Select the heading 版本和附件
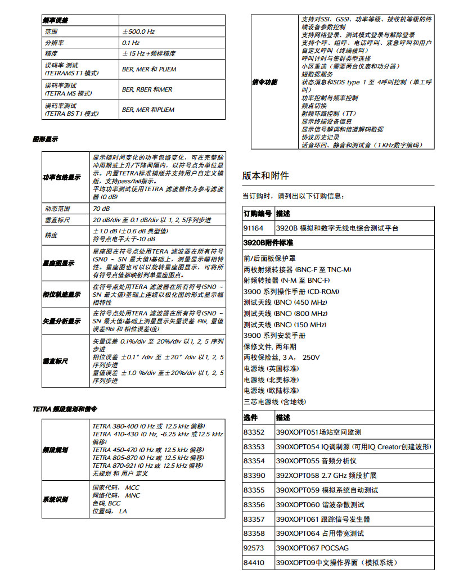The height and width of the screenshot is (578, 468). (265, 176)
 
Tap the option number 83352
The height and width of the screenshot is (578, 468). (254, 432)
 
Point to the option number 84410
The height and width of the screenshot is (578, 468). (254, 562)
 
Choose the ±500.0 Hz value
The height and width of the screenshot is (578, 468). (138, 32)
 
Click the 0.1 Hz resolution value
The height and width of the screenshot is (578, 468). (130, 43)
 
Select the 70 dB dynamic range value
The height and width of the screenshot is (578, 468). (102, 209)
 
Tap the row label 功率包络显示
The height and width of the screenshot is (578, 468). (62, 178)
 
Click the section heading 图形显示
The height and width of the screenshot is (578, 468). (45, 139)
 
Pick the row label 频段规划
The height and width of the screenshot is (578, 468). (56, 450)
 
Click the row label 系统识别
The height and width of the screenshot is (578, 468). (56, 499)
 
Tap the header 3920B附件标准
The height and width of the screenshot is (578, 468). (268, 243)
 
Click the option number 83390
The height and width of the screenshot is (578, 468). (254, 476)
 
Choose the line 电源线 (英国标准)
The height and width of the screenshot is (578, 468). (271, 368)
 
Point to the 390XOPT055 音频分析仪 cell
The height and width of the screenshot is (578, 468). (316, 461)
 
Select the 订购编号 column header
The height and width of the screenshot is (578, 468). (258, 214)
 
